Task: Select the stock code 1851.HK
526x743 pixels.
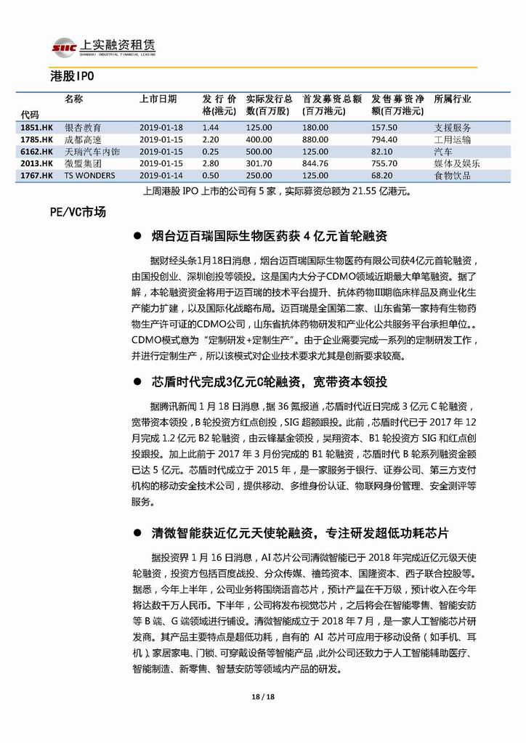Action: coord(37,127)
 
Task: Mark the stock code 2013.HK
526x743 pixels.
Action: coord(37,163)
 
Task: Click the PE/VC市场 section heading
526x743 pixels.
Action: coord(78,212)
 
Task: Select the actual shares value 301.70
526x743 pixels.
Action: coord(259,163)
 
